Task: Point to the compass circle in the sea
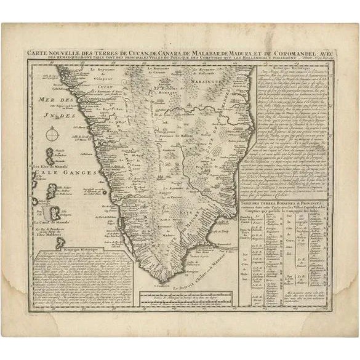pos(54,132)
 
